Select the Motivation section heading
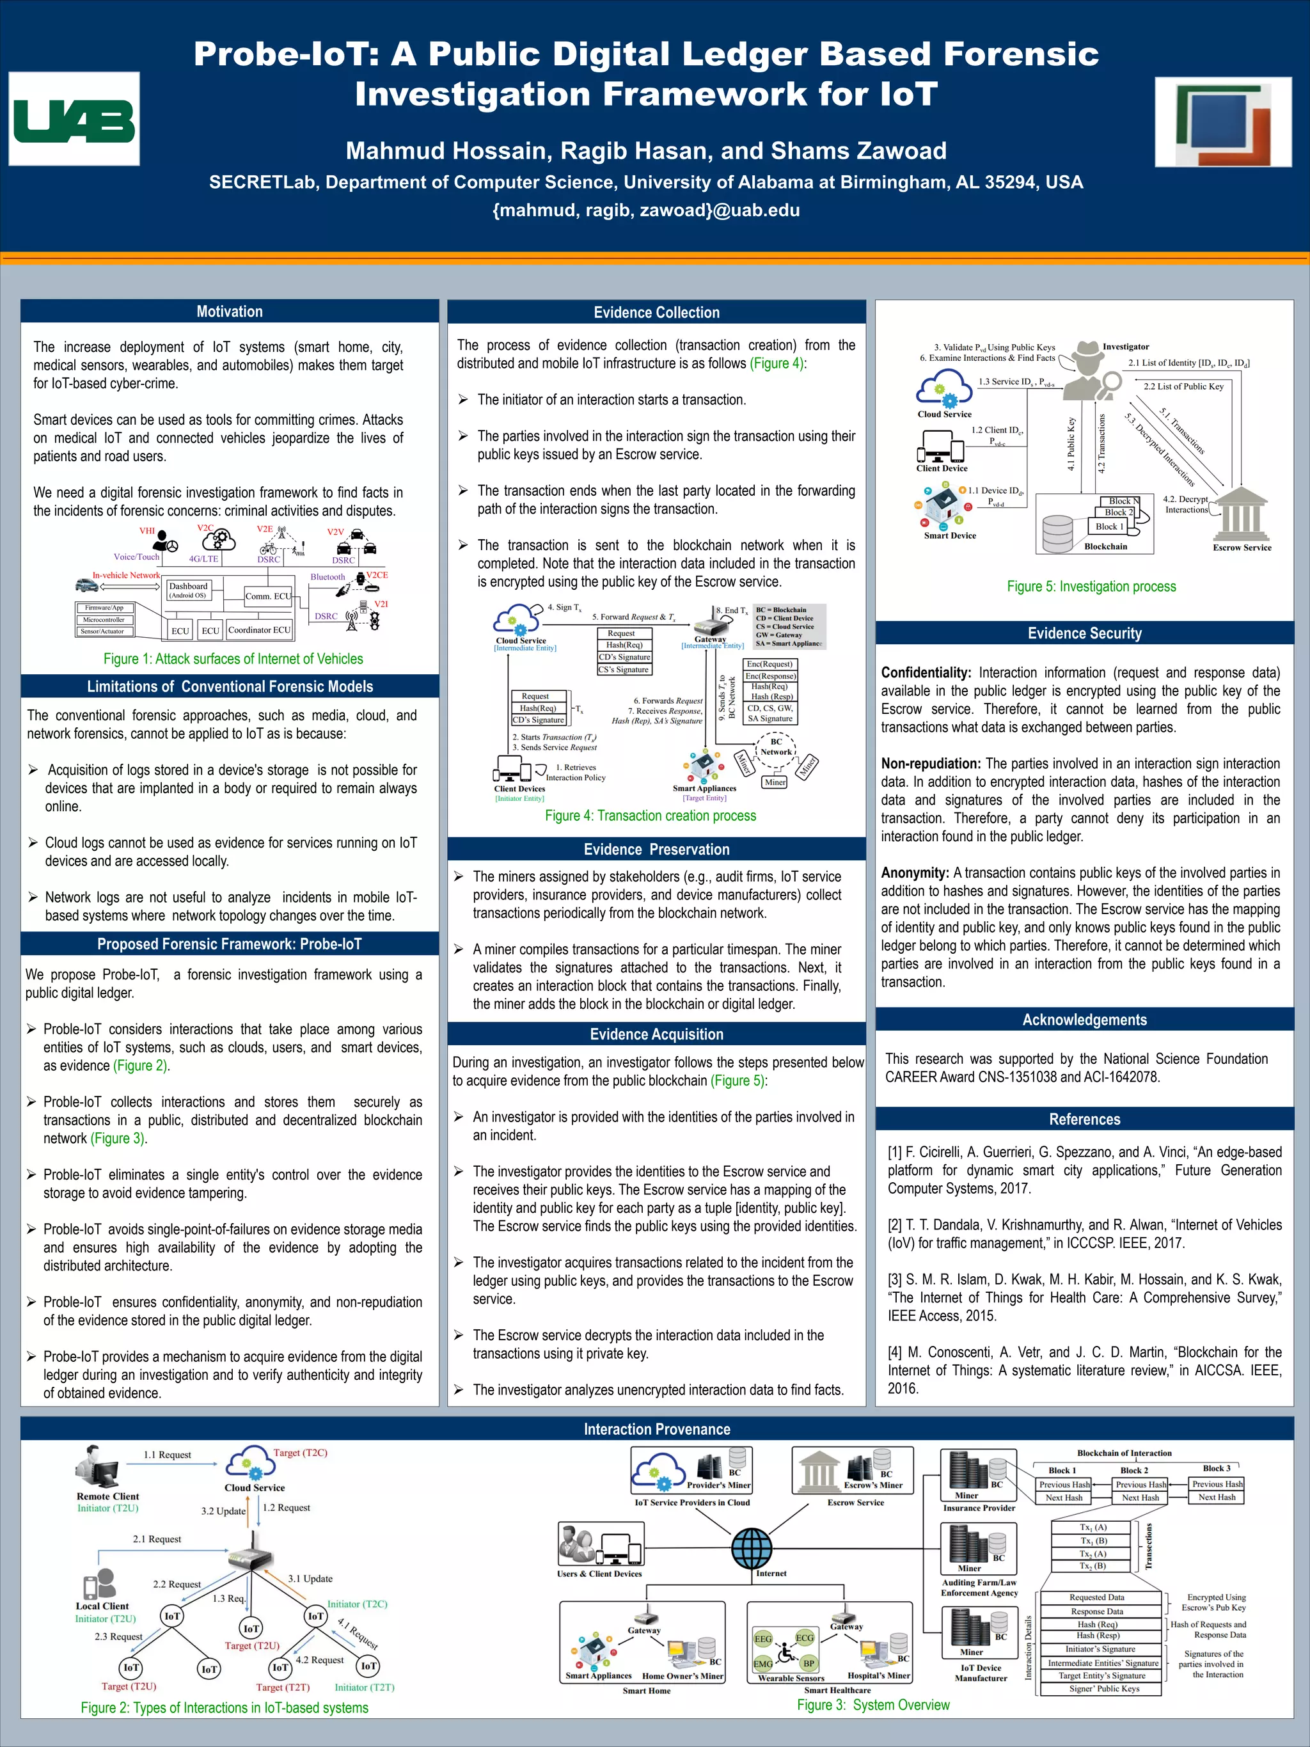[229, 311]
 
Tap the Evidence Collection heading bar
[656, 312]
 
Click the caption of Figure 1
[233, 659]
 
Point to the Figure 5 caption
[1091, 586]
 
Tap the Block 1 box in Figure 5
[1109, 526]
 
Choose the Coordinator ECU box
[259, 629]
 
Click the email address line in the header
[646, 210]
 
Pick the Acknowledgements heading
[1084, 1020]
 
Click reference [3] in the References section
[1084, 1297]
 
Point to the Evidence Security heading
[1084, 633]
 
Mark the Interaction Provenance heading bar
[656, 1428]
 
